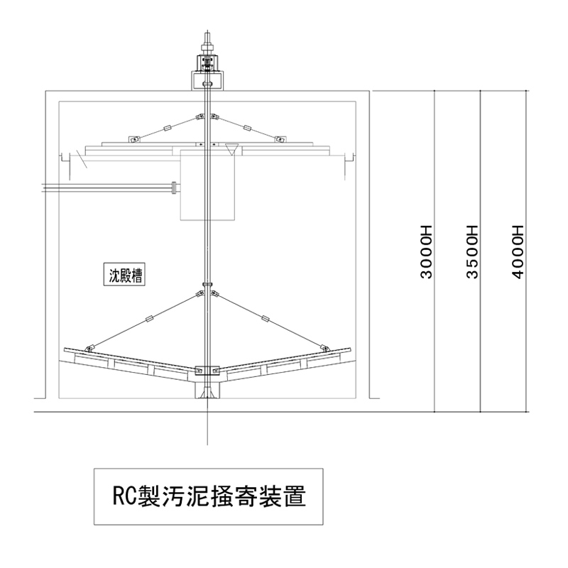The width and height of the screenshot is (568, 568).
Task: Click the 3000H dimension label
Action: (x=426, y=251)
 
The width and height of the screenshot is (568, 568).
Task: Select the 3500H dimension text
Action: (x=471, y=251)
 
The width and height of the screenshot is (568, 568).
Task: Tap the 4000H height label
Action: (x=517, y=251)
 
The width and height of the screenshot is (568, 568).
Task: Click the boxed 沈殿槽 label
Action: (x=126, y=274)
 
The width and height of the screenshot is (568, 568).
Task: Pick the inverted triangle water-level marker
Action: (x=231, y=148)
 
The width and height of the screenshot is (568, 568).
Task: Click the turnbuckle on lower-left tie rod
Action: (x=148, y=319)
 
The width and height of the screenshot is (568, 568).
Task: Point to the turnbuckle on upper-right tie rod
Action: (x=247, y=128)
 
